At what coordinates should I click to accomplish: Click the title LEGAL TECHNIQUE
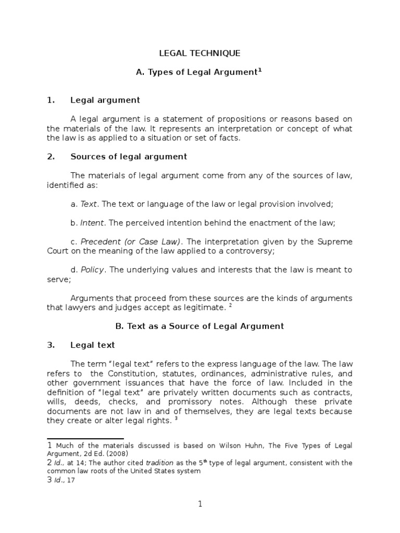(x=199, y=53)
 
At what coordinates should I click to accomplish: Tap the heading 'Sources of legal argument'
(x=129, y=157)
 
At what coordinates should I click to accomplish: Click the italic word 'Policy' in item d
(x=93, y=270)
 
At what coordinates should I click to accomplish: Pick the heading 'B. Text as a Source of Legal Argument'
(x=199, y=326)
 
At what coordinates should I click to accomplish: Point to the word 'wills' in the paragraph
(x=59, y=402)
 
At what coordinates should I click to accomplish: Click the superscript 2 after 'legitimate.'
(x=230, y=306)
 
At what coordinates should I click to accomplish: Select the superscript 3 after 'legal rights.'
(x=177, y=419)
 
